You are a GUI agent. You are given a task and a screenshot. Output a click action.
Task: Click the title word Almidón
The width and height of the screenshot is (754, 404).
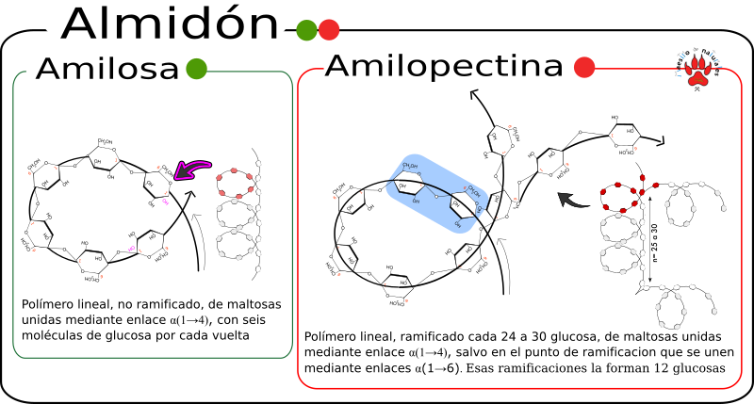(x=170, y=24)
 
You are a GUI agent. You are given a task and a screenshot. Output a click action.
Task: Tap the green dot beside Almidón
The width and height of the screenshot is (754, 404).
(x=306, y=30)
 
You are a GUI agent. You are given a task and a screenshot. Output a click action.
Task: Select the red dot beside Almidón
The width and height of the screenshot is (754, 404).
(x=329, y=30)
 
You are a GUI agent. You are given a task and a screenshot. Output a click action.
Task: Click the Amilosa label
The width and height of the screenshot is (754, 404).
(x=107, y=70)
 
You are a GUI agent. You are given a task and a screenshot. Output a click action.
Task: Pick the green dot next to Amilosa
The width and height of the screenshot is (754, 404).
(x=196, y=69)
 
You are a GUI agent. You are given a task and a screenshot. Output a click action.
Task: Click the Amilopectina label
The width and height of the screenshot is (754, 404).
(x=445, y=67)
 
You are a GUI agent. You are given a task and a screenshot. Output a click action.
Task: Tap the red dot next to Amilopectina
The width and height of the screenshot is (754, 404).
(x=584, y=68)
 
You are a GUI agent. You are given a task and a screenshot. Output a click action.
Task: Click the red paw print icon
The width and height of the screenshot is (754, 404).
(x=697, y=70)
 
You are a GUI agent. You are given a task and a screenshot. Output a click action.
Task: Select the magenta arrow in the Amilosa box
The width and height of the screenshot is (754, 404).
(x=192, y=170)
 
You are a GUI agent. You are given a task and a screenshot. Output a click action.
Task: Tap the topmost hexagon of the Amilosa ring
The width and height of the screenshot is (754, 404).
(x=104, y=159)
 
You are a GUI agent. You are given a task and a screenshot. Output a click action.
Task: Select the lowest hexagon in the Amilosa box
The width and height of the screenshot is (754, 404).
(x=92, y=262)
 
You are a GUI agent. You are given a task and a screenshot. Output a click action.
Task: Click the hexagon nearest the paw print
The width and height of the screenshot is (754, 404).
(x=625, y=136)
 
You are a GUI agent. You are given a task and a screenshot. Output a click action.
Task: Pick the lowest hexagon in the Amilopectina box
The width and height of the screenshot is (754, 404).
(x=398, y=285)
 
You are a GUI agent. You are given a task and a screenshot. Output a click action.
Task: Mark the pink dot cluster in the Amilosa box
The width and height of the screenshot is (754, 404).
(x=236, y=186)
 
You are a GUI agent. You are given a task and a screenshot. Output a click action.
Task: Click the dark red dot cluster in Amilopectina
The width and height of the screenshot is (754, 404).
(x=625, y=192)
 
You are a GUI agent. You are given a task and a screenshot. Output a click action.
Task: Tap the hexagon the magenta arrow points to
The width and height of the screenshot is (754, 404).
(x=156, y=183)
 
